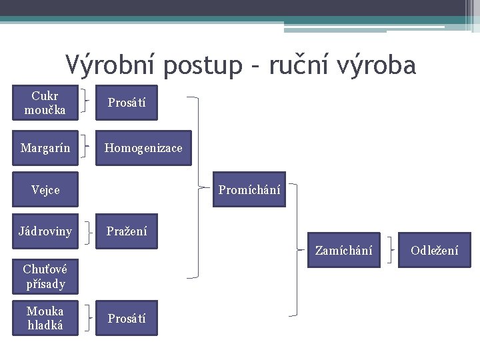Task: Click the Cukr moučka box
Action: (x=45, y=103)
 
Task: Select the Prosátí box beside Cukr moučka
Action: (x=127, y=103)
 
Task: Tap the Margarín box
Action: (x=45, y=147)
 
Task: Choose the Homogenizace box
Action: (x=143, y=147)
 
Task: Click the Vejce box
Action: (x=45, y=189)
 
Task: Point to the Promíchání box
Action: (x=249, y=189)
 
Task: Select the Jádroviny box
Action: (x=45, y=231)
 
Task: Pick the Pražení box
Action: (x=127, y=231)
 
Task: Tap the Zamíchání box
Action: (x=343, y=250)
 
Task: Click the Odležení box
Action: (x=434, y=250)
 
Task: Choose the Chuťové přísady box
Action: (x=45, y=277)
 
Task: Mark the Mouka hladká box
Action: (x=45, y=318)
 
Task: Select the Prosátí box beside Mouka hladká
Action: (x=127, y=318)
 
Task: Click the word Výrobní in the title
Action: (x=110, y=65)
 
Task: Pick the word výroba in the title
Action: (x=380, y=65)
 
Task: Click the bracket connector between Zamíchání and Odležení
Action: (x=389, y=250)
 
